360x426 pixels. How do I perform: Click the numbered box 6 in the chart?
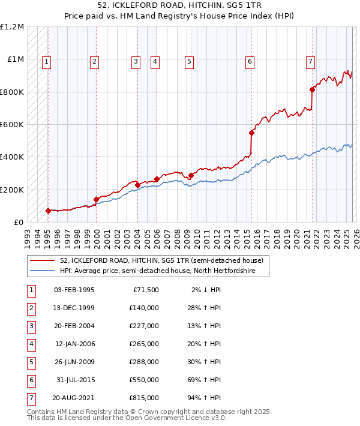click(x=249, y=61)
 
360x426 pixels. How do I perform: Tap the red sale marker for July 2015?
click(x=252, y=133)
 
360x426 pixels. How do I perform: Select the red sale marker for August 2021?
click(x=312, y=90)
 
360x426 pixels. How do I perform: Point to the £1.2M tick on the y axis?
click(x=12, y=27)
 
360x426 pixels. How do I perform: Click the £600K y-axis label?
click(x=12, y=125)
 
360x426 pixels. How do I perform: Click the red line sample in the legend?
click(x=42, y=261)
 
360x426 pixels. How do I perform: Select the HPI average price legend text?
click(x=157, y=271)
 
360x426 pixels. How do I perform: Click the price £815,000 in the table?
click(x=143, y=398)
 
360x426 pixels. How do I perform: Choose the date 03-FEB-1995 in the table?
click(x=74, y=290)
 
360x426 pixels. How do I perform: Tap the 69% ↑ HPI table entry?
click(x=203, y=380)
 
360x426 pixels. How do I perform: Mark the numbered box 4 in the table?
click(x=29, y=344)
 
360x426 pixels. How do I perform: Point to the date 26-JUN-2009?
click(x=74, y=362)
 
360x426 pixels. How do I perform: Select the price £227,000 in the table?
click(x=143, y=326)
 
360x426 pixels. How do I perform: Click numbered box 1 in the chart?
click(x=46, y=61)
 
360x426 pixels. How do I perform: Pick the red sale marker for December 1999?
click(x=96, y=199)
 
